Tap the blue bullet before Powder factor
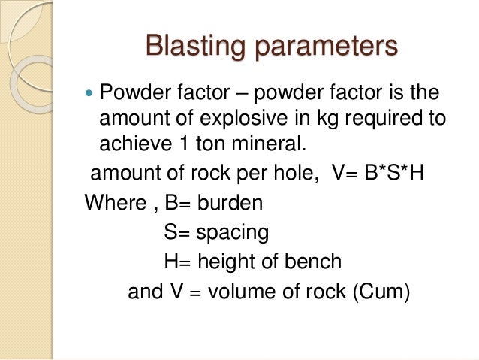(x=91, y=96)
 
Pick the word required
(x=391, y=119)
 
